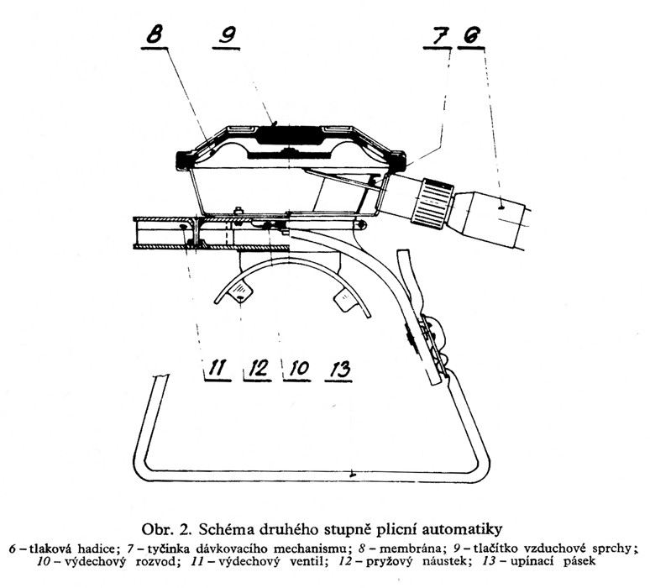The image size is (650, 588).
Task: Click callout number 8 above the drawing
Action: pyautogui.click(x=155, y=34)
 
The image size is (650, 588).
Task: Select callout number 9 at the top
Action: pyautogui.click(x=228, y=34)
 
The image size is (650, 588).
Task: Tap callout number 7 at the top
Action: pyautogui.click(x=438, y=35)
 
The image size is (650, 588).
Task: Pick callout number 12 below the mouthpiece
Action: pyautogui.click(x=258, y=368)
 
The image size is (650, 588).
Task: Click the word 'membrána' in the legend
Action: pyautogui.click(x=410, y=549)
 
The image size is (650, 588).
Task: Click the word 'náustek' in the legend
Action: pyautogui.click(x=447, y=562)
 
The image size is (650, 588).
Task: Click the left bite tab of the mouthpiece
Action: pyautogui.click(x=241, y=291)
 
